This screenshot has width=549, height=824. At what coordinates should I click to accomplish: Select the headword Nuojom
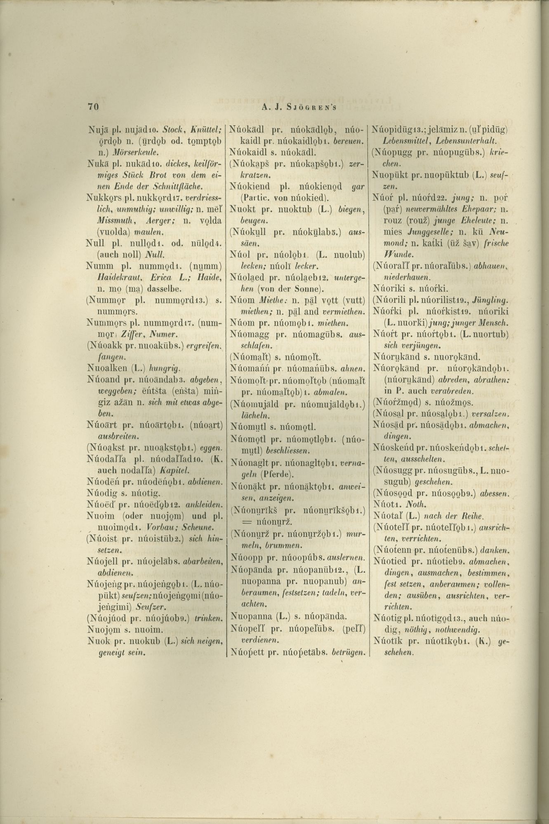coord(103,629)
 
